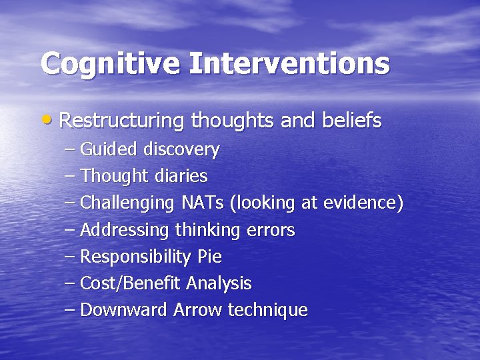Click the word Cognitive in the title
pos(110,64)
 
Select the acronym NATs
pos(203,203)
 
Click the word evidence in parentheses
pos(362,203)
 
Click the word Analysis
pos(219,284)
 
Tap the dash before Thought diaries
pos(70,177)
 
